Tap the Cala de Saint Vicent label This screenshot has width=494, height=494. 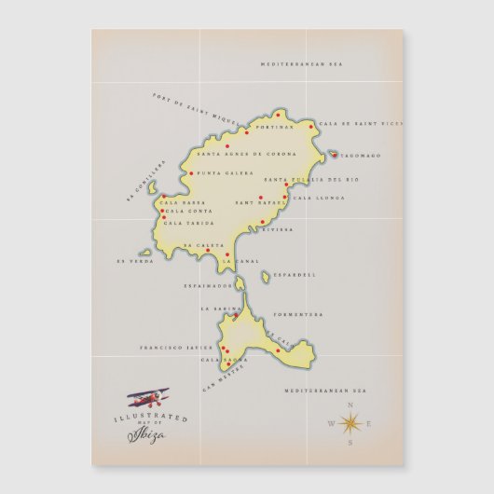pyautogui.click(x=348, y=124)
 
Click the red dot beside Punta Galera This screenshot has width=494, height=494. pyautogui.click(x=191, y=173)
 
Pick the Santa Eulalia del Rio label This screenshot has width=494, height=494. pyautogui.click(x=310, y=178)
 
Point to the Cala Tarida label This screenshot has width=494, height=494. pyautogui.click(x=185, y=223)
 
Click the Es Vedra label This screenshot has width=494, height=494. pyautogui.click(x=134, y=261)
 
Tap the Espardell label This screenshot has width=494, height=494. pyautogui.click(x=294, y=275)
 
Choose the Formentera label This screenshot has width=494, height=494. pyautogui.click(x=298, y=314)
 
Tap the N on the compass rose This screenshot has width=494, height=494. pyautogui.click(x=350, y=405)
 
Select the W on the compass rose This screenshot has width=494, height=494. pyautogui.click(x=330, y=425)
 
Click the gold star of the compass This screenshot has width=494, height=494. pyautogui.click(x=351, y=425)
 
